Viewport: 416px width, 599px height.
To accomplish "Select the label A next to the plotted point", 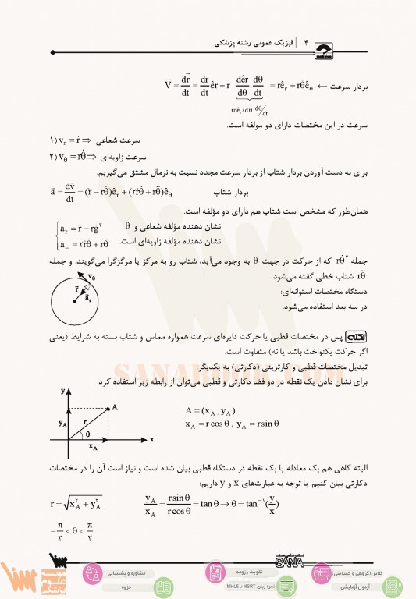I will [116, 406].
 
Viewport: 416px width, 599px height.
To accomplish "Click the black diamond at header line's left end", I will [52, 52].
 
